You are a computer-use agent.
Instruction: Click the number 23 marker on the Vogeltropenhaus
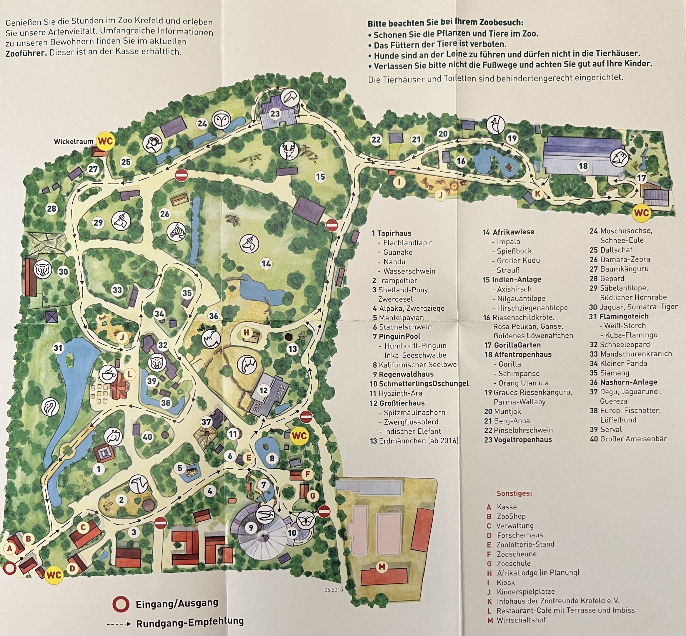[275, 114]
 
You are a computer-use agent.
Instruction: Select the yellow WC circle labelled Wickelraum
[106, 141]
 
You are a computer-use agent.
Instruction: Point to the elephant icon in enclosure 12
[247, 364]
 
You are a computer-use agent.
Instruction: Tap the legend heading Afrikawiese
[513, 232]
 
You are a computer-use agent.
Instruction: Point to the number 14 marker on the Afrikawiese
[266, 264]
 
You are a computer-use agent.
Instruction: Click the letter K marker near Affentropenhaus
[537, 194]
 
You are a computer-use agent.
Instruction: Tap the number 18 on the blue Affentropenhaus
[583, 166]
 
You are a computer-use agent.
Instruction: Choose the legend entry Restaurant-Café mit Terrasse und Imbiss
[565, 610]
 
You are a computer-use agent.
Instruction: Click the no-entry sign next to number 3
[160, 524]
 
